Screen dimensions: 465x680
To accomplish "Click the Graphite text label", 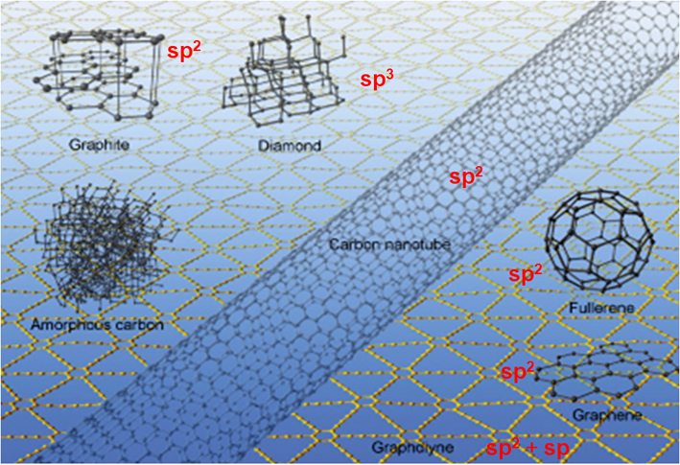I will (99, 146).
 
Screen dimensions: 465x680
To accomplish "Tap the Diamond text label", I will (284, 146).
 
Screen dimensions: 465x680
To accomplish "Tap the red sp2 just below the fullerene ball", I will (527, 276).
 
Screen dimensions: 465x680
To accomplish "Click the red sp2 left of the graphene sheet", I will (520, 370).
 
